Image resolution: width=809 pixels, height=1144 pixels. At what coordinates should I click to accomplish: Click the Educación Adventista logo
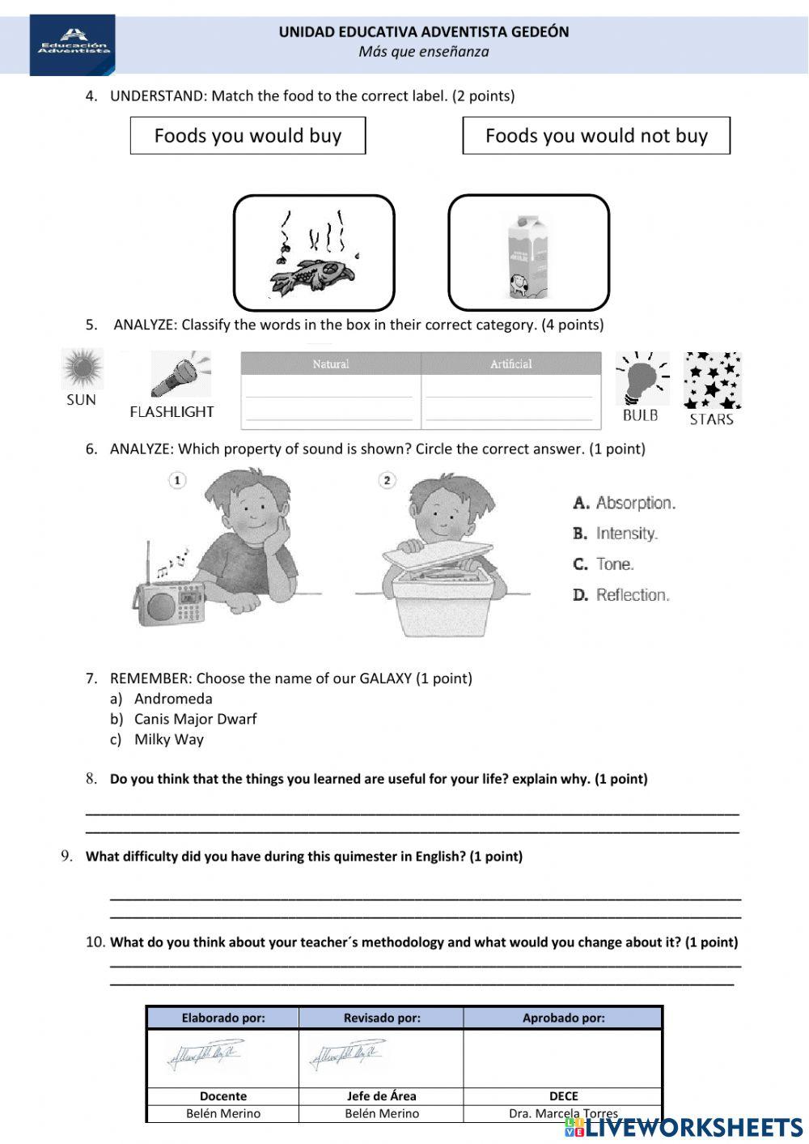[73, 45]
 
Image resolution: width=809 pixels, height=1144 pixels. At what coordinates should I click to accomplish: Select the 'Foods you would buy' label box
[248, 136]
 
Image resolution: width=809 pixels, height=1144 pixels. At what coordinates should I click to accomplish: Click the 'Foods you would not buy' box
[596, 136]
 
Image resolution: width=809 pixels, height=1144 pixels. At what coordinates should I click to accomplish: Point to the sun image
[82, 368]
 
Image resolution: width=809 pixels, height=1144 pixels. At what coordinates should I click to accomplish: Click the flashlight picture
[179, 374]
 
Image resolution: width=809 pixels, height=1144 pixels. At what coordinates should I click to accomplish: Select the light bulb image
[642, 378]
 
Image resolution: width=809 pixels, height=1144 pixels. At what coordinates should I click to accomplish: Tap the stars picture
[712, 381]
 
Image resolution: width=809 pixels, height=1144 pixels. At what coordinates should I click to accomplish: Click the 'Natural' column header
[331, 364]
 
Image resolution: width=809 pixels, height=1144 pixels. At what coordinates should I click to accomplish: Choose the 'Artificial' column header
[511, 364]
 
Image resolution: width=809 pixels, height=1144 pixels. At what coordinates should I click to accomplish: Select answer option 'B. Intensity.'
[616, 534]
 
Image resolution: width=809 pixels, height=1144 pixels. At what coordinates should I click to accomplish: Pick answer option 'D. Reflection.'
[621, 595]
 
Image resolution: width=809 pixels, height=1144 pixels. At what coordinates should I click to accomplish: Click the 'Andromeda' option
[173, 699]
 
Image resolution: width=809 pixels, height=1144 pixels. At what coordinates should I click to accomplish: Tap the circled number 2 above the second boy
[387, 480]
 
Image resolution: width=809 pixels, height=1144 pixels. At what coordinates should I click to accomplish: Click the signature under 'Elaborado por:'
[205, 1056]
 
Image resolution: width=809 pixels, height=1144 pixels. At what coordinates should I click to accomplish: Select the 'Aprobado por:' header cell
[563, 1018]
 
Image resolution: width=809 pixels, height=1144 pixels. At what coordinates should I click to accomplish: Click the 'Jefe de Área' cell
[381, 1096]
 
